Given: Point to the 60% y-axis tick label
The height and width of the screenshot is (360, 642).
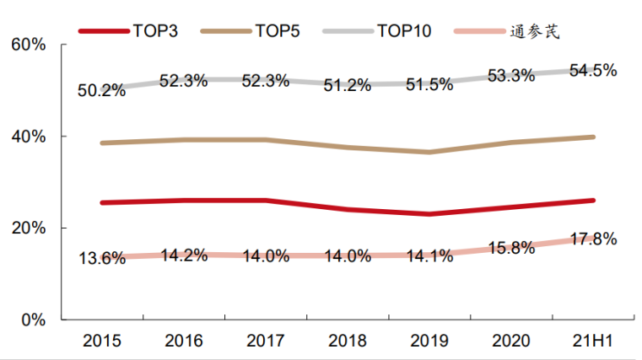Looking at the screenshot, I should [x=28, y=44].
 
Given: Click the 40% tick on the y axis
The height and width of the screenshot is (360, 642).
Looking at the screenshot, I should [x=28, y=136].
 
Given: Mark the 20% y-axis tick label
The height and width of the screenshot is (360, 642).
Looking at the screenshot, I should [x=28, y=228].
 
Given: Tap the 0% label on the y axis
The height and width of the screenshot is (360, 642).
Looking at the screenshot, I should [x=32, y=320].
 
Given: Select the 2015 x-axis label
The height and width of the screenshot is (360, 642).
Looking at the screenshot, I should [x=101, y=341].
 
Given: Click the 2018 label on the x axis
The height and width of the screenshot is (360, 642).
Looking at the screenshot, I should [x=348, y=341].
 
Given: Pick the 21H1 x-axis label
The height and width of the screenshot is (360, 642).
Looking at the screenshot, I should [x=594, y=341].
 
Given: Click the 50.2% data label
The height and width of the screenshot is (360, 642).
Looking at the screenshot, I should [x=101, y=89].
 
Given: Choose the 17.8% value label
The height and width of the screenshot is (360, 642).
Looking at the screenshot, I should [x=592, y=240].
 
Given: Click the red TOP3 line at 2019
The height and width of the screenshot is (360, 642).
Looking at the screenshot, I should [x=429, y=214].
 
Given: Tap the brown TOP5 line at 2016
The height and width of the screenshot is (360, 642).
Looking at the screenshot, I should [x=183, y=140].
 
